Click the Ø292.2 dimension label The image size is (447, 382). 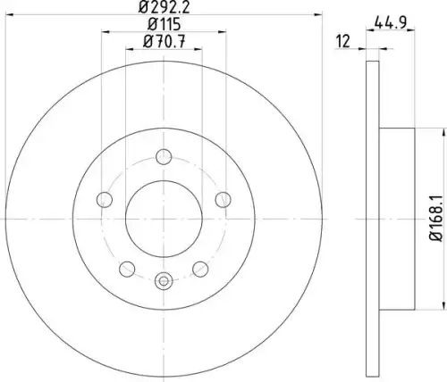point(164,7)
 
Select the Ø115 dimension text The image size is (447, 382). point(164,24)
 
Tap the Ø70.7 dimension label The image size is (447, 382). point(164,41)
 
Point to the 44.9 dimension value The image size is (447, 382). point(391,22)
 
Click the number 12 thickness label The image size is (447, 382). point(343,41)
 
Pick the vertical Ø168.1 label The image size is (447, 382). point(436,219)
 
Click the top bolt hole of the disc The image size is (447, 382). point(164,156)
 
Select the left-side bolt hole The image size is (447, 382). point(105,199)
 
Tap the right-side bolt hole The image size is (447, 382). point(223,199)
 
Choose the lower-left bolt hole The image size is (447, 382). point(127,269)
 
